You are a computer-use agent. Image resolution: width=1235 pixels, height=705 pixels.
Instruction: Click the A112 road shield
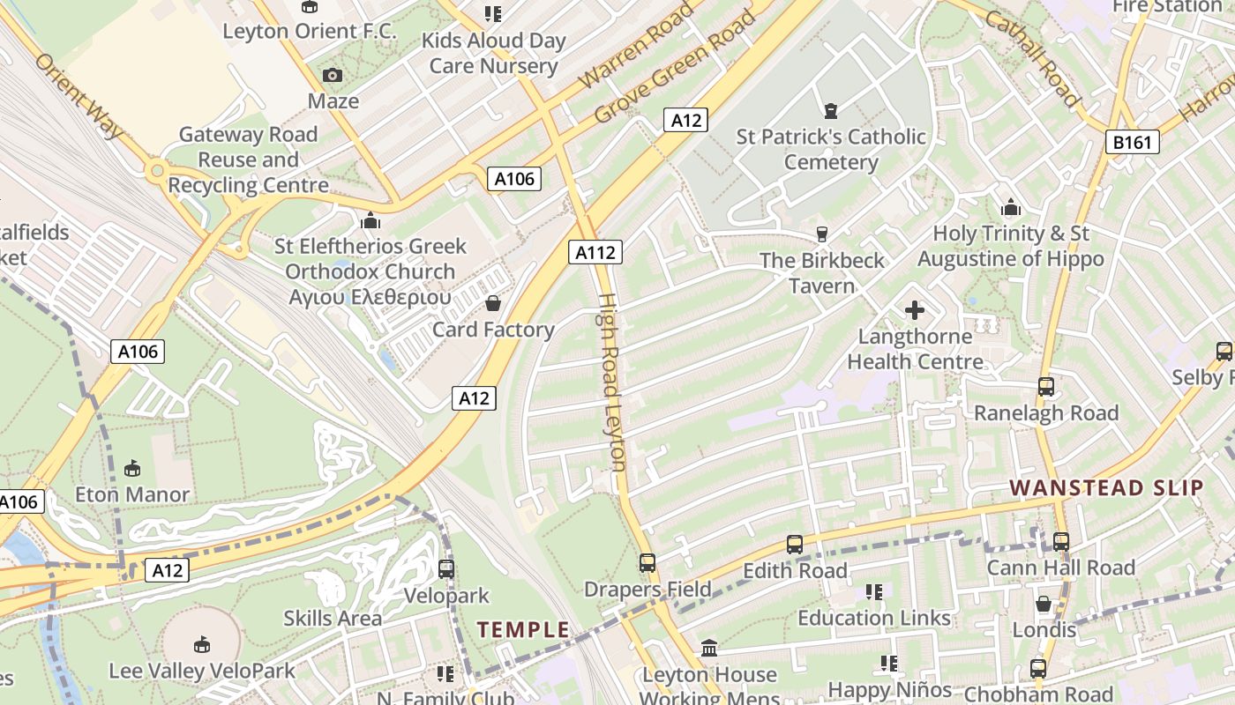[595, 253]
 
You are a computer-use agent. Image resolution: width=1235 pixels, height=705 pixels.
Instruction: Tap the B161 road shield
[1132, 142]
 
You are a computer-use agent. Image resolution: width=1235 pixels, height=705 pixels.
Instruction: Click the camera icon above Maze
[333, 77]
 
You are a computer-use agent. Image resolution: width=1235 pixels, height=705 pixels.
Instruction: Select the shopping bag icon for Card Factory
[493, 304]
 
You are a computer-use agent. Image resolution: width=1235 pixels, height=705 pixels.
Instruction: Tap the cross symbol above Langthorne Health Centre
[915, 310]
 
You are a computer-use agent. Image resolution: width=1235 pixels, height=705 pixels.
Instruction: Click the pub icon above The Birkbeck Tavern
[822, 234]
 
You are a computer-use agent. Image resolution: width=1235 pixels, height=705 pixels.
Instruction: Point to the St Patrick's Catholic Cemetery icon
[830, 111]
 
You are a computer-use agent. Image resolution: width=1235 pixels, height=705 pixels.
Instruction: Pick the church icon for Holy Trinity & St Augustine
[1011, 208]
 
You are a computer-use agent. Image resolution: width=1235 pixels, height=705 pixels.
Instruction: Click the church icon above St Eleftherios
[370, 220]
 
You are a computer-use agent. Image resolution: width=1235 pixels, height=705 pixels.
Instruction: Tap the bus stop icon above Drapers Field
[647, 563]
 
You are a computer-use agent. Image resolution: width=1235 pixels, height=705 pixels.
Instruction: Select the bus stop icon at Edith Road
[795, 545]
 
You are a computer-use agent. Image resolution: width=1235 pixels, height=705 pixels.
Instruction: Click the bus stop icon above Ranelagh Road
[1046, 387]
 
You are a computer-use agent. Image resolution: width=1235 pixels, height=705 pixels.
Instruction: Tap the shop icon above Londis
[1044, 605]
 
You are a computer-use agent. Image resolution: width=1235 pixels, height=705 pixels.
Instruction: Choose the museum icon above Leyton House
[708, 649]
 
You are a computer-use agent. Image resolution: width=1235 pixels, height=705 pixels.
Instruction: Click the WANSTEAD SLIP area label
[1106, 487]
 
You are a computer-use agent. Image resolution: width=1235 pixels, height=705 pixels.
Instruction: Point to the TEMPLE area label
[523, 629]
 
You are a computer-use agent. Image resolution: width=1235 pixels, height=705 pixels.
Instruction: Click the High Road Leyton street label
[612, 382]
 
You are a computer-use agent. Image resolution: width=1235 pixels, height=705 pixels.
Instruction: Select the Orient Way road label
[79, 95]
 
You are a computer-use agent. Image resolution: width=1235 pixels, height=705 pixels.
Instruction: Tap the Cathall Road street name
[1033, 59]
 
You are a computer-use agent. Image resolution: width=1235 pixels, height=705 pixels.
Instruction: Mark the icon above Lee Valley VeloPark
[202, 645]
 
